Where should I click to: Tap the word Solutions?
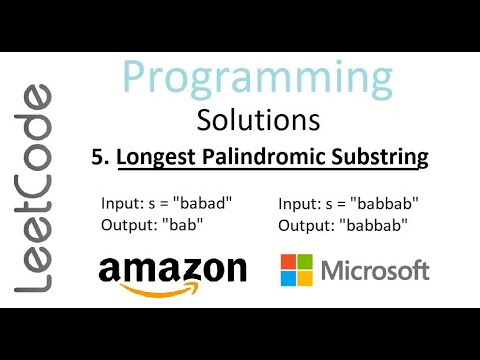(x=258, y=120)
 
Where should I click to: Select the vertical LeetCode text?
(x=33, y=189)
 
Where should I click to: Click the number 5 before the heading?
(x=100, y=157)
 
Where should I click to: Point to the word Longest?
(x=156, y=157)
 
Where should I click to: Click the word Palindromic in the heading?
(x=264, y=157)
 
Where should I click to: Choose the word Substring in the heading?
(x=380, y=157)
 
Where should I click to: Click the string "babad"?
(x=203, y=203)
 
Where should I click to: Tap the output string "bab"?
(x=183, y=225)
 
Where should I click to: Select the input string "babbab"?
(x=385, y=203)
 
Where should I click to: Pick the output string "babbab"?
(x=374, y=225)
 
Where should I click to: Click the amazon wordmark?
(x=173, y=269)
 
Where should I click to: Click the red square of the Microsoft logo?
(x=288, y=262)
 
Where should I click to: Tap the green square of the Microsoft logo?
(x=305, y=262)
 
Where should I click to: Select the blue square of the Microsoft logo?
(x=288, y=278)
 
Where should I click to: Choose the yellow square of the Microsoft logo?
(x=305, y=278)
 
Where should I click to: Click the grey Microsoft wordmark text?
(x=375, y=270)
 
